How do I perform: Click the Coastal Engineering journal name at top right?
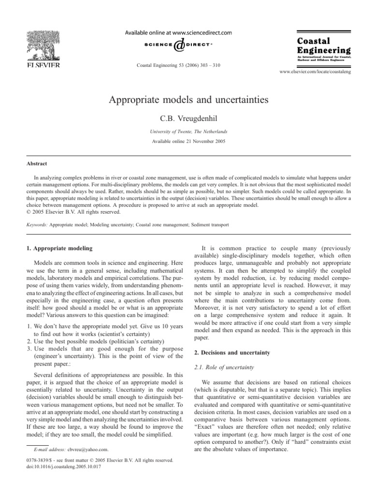pos(323,45)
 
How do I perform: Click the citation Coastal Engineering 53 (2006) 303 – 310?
pos(179,65)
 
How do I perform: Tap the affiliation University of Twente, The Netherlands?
pos(185,131)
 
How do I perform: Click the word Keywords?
pos(33,224)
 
